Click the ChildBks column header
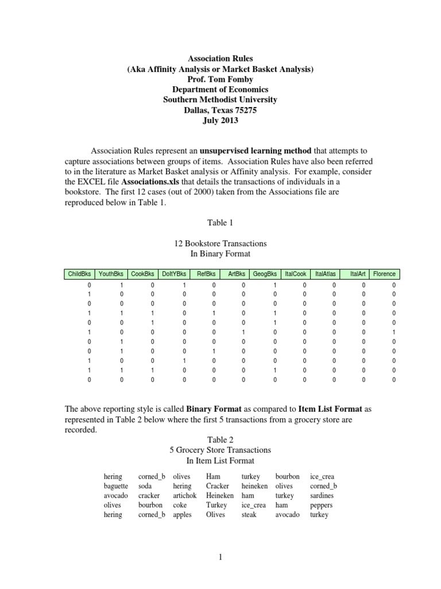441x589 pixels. pyautogui.click(x=79, y=274)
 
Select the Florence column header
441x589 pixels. pyautogui.click(x=384, y=274)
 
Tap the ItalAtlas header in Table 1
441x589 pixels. pyautogui.click(x=326, y=274)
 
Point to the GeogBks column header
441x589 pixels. pyautogui.click(x=265, y=274)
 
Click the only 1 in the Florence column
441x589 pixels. pyautogui.click(x=393, y=332)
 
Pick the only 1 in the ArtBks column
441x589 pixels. pyautogui.click(x=243, y=332)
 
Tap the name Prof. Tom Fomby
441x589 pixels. pyautogui.click(x=220, y=79)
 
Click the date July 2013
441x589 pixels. pyautogui.click(x=220, y=121)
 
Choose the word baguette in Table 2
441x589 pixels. pyautogui.click(x=116, y=486)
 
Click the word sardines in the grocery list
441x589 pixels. pyautogui.click(x=322, y=496)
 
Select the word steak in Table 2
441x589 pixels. pyautogui.click(x=249, y=515)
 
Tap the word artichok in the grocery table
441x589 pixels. pyautogui.click(x=185, y=496)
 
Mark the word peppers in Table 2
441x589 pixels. pyautogui.click(x=321, y=506)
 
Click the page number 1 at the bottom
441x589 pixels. pyautogui.click(x=220, y=557)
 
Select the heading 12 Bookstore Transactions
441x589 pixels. pyautogui.click(x=220, y=243)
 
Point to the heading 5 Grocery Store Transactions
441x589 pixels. pyautogui.click(x=220, y=449)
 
